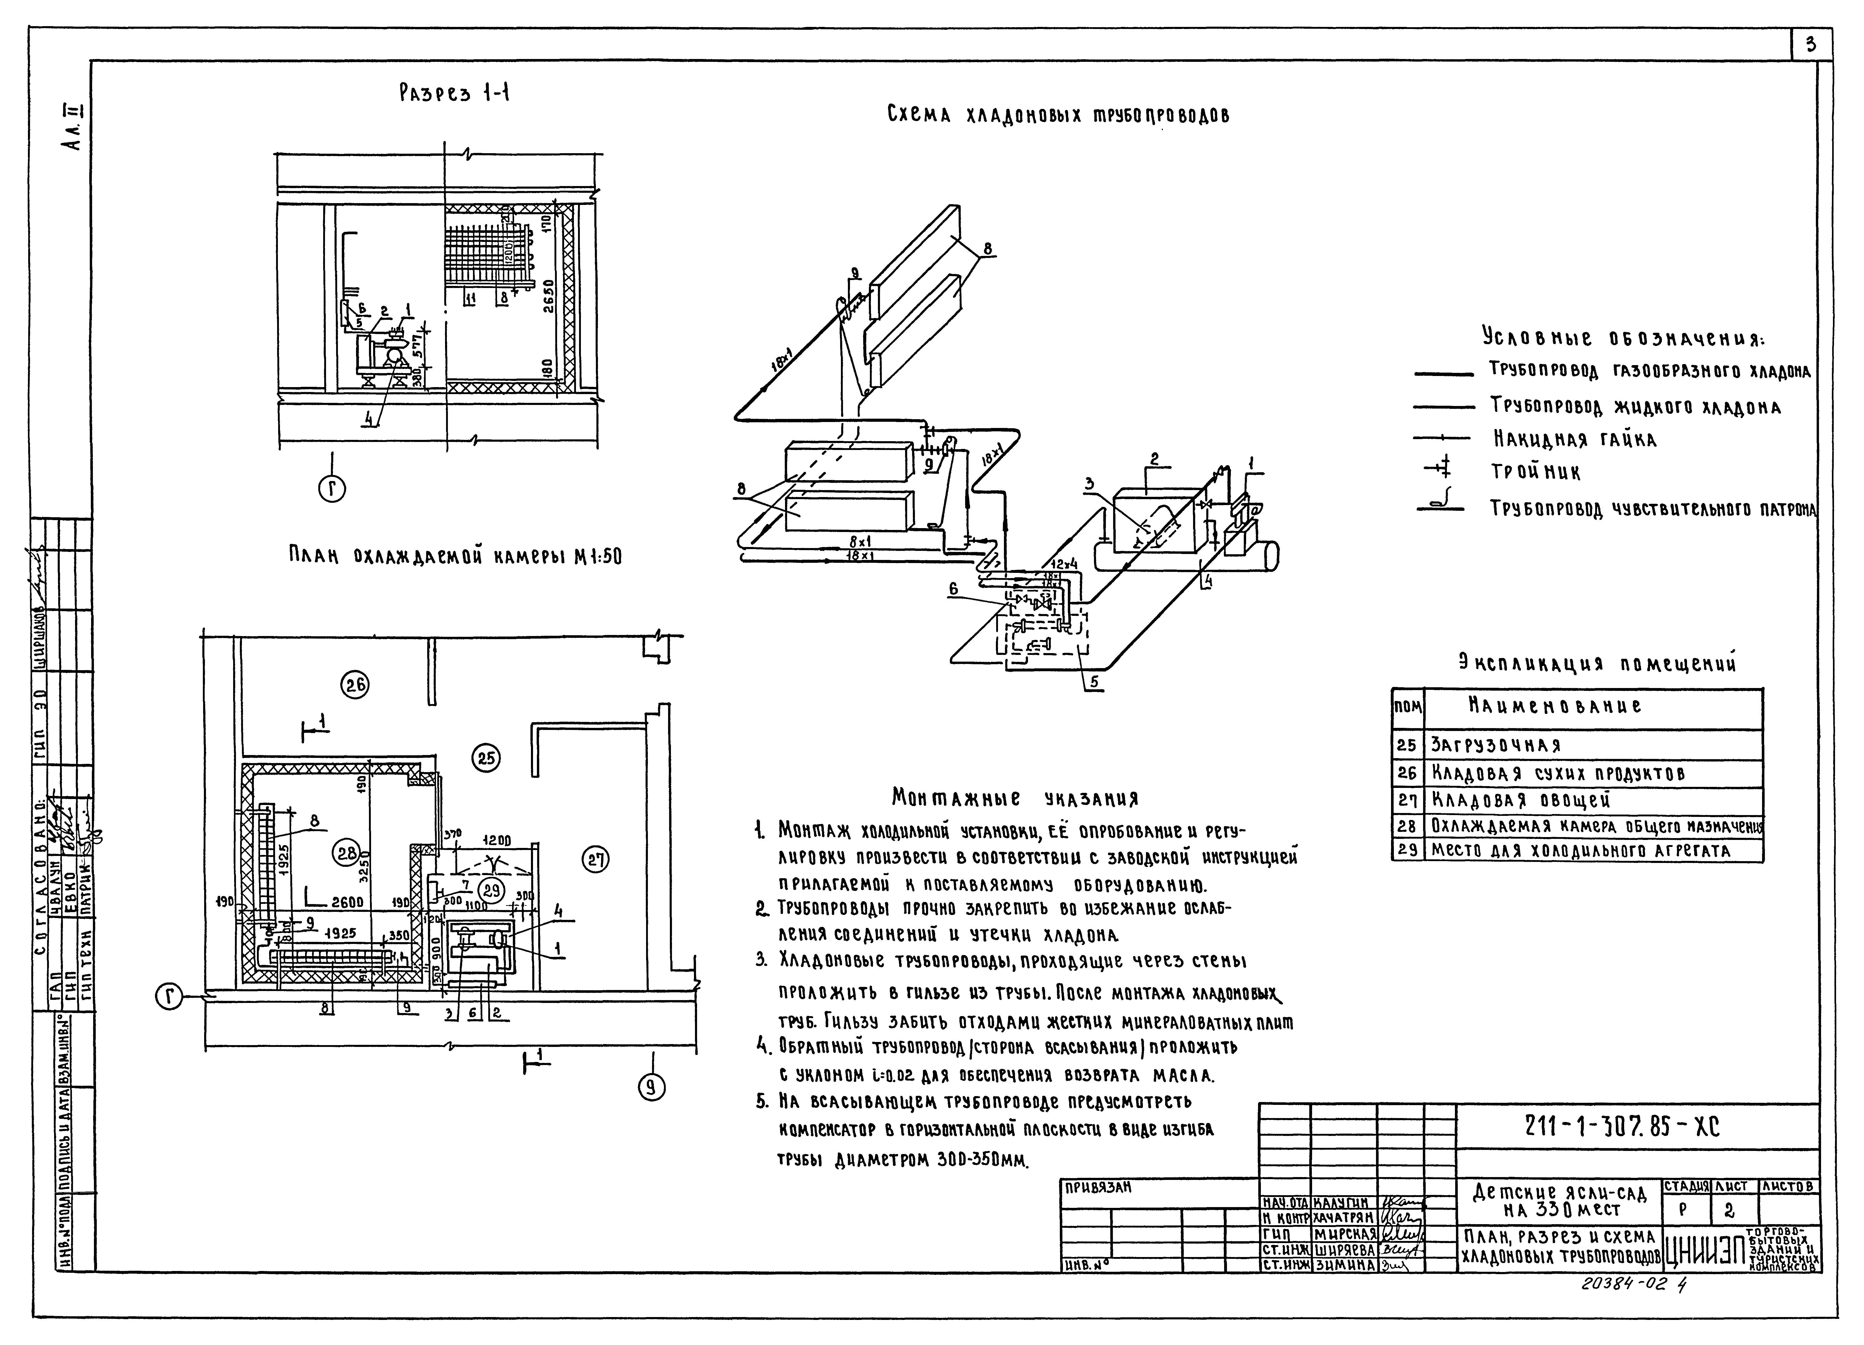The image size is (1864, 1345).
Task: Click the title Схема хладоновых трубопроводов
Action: tap(1058, 115)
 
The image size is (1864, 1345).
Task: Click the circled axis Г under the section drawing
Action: tap(332, 490)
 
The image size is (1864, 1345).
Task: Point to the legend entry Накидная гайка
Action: tap(1574, 440)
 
